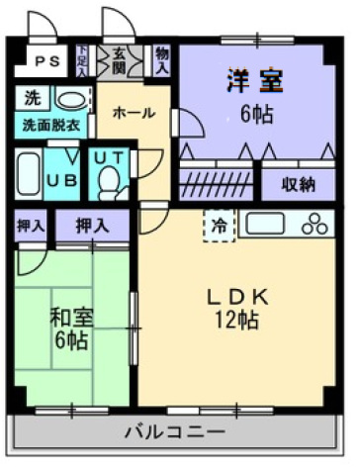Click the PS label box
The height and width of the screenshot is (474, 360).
click(46, 61)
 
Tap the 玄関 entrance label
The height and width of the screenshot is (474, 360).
click(118, 60)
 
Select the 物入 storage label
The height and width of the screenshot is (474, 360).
click(162, 60)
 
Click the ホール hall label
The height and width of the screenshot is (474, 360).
click(132, 113)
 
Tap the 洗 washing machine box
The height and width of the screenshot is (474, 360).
click(32, 99)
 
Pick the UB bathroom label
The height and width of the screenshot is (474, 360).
click(64, 179)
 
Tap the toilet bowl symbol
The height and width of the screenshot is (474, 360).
click(109, 183)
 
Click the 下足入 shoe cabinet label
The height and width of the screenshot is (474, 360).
click(84, 60)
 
